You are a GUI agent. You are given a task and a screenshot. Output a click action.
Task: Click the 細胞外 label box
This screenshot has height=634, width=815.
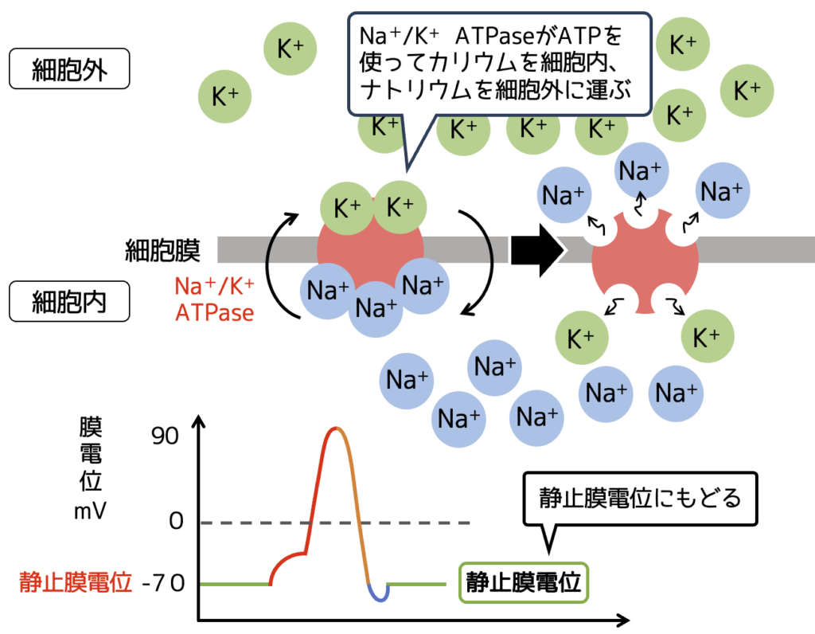[68, 69]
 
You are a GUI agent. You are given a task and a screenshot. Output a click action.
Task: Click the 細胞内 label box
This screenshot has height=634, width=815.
[68, 303]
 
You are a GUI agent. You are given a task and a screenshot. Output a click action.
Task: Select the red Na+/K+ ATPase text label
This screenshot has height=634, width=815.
[215, 298]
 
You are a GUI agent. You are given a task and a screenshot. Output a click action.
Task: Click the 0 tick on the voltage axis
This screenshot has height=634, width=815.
[176, 522]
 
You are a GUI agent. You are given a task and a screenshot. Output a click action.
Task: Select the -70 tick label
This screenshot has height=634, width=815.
[166, 583]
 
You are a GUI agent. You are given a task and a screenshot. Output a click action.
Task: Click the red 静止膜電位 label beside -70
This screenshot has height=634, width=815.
[76, 583]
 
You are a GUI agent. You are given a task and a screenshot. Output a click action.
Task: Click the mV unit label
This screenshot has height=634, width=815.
[91, 511]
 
